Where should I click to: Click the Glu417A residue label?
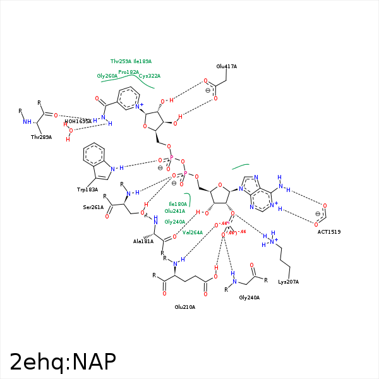click(226, 66)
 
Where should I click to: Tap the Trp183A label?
click(87, 189)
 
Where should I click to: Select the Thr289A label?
click(41, 136)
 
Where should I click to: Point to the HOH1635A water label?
click(78, 121)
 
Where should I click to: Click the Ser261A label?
click(93, 207)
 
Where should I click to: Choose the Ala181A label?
click(143, 241)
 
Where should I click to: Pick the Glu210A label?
click(185, 307)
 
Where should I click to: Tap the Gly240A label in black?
click(249, 297)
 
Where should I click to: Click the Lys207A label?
click(288, 281)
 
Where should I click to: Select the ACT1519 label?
click(329, 232)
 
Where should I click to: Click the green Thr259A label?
click(121, 61)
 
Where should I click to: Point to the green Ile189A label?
click(143, 61)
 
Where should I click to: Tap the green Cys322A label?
click(150, 76)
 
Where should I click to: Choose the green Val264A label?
click(193, 232)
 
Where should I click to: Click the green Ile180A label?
click(177, 204)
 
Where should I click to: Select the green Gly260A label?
click(107, 76)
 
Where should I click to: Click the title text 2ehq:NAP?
click(63, 362)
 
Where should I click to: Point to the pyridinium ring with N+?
click(129, 99)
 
